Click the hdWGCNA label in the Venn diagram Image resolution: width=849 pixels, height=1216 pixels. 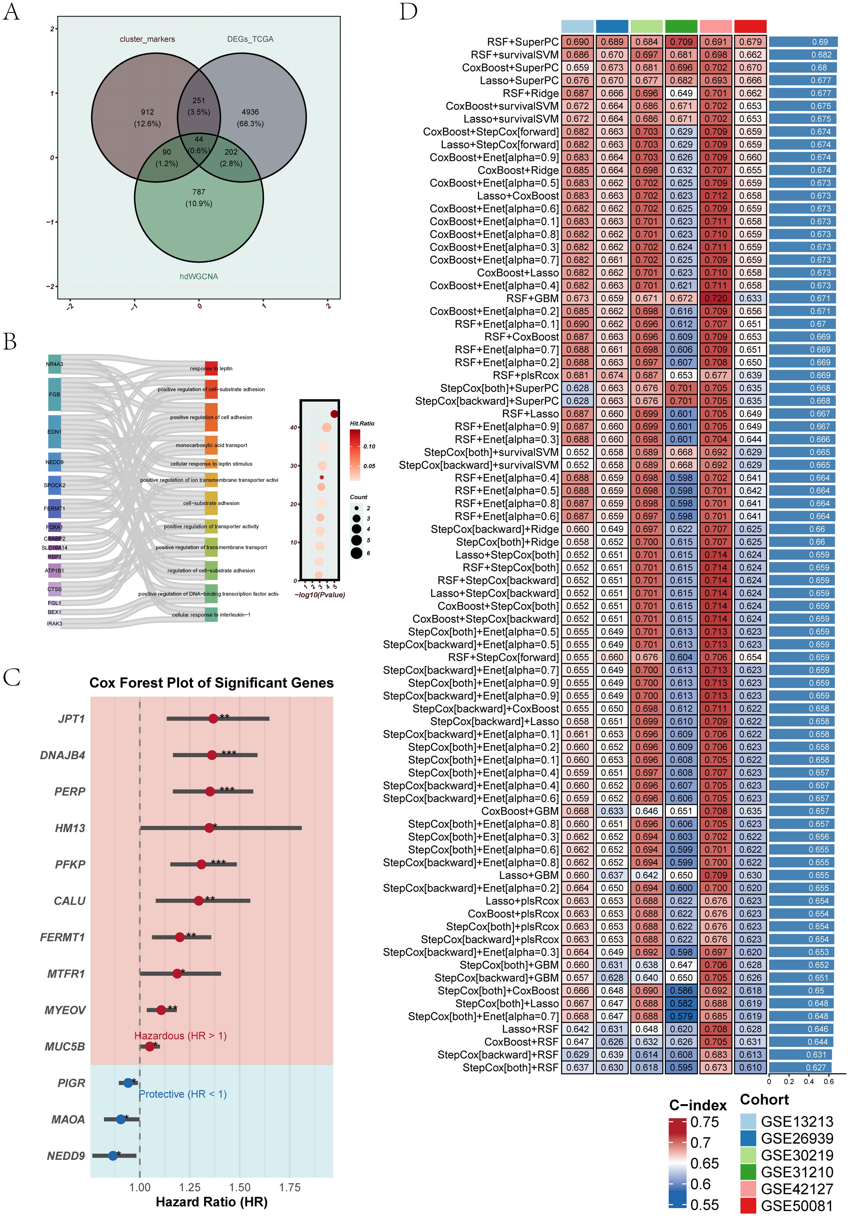coord(199,276)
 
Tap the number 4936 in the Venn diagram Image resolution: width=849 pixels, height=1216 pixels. coord(250,112)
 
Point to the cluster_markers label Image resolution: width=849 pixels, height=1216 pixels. coord(147,39)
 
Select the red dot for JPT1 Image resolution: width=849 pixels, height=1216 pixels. coord(213,719)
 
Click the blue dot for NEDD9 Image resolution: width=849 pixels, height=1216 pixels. coord(113,1156)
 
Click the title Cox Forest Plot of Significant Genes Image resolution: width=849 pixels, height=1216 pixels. coord(211,683)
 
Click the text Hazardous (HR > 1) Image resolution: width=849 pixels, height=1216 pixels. coord(180,1035)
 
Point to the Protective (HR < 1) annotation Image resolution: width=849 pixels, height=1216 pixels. coord(183,1094)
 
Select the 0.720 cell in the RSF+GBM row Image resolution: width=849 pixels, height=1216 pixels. coord(715,298)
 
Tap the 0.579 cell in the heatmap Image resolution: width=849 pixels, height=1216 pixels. coord(681,1016)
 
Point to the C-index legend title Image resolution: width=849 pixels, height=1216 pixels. coord(697,1105)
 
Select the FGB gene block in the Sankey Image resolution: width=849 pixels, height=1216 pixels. coord(54,394)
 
